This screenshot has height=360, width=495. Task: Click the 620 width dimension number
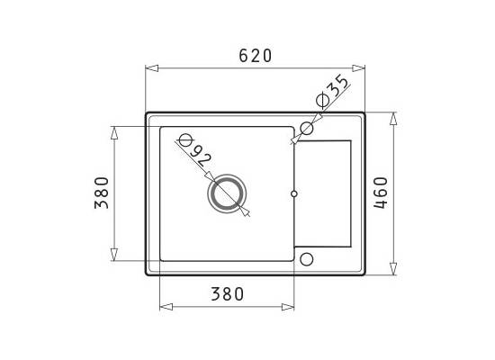pos(255,56)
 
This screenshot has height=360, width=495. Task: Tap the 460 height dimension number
pos(381,193)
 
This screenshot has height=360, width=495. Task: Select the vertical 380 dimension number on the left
pos(102,193)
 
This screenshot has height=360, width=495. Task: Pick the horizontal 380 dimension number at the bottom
pos(228,294)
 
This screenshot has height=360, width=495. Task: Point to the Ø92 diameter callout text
pos(194,150)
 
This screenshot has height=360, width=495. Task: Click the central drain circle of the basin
pos(227,193)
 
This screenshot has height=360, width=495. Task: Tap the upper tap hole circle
pos(307,128)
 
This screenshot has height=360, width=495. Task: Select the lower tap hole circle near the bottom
pos(307,259)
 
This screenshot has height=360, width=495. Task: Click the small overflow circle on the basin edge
pos(294,193)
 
